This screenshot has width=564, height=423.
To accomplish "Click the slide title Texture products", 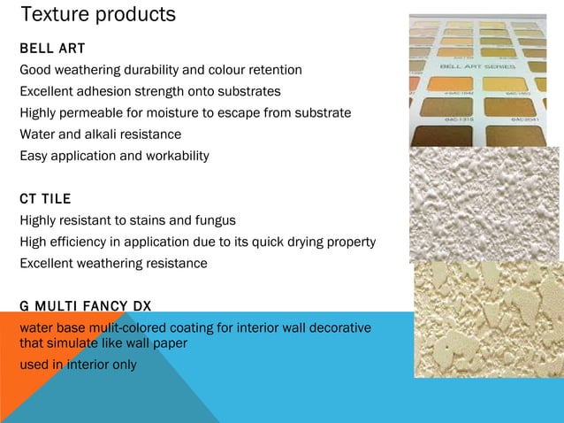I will click(97, 15).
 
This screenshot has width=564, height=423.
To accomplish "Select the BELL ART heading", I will click(52, 47).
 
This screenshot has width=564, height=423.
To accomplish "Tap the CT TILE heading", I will click(45, 197).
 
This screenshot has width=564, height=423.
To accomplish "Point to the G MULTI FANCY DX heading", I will click(85, 306).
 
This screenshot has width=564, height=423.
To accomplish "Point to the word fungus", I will click(215, 220).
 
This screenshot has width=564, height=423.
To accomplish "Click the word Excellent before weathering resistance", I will click(49, 264).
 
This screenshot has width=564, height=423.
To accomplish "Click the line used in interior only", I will click(78, 365).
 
